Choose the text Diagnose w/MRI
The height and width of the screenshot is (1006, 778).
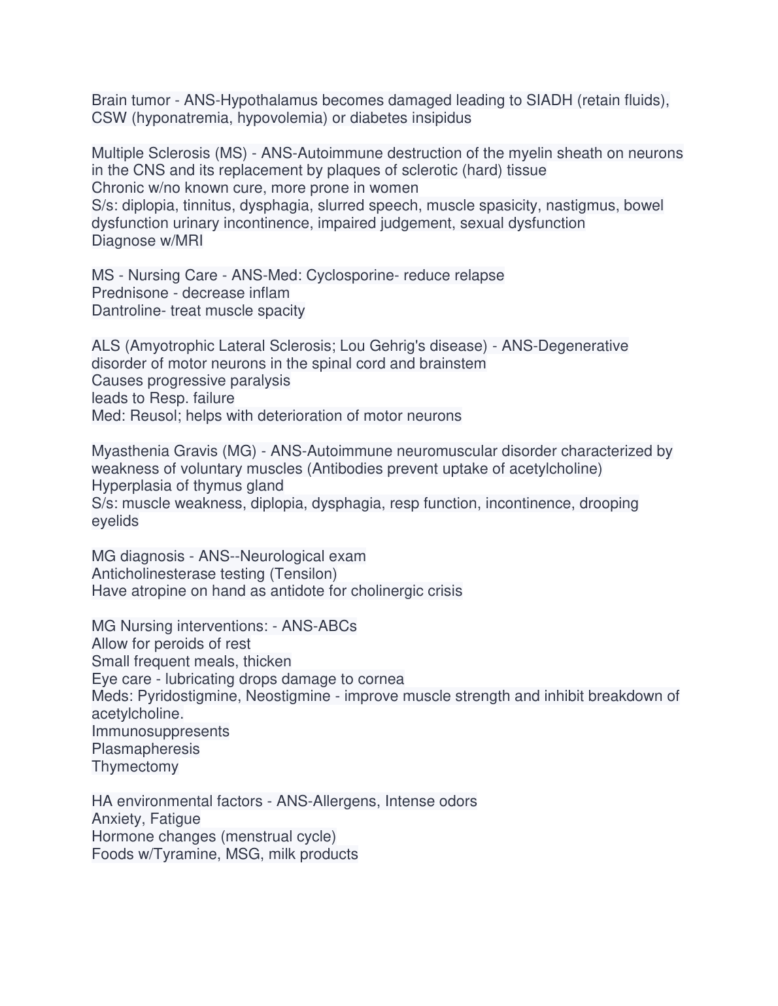coord(147,241)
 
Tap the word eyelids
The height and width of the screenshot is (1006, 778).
coord(115,521)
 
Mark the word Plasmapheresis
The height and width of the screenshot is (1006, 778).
coord(146,749)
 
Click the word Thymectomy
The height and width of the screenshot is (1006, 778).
coord(135,767)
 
